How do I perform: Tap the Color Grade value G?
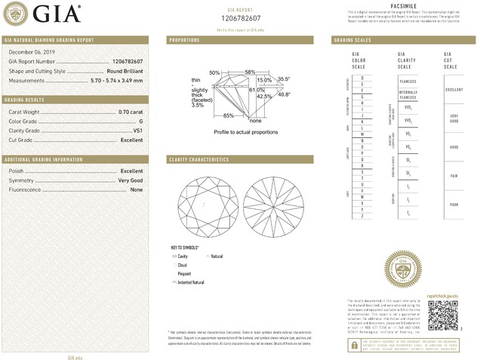(140, 121)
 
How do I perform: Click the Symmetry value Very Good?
(130, 180)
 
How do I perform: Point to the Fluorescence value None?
(137, 189)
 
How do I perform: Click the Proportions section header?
(184, 39)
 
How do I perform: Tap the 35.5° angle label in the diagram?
(284, 78)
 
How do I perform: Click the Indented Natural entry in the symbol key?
(190, 282)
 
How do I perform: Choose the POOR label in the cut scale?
(453, 205)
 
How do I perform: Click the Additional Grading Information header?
(43, 160)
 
